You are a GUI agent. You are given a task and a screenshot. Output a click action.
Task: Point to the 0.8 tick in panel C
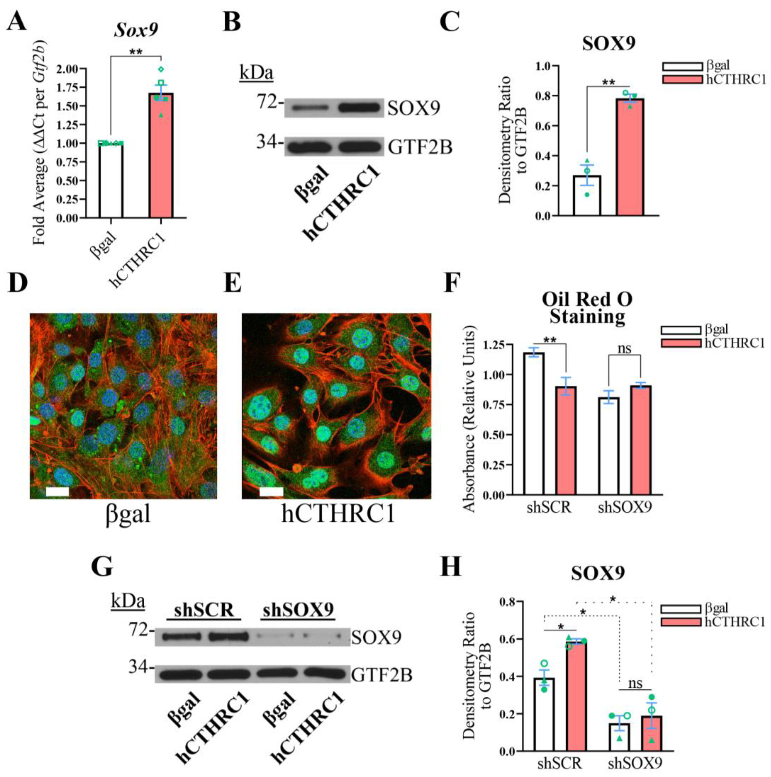click(x=542, y=96)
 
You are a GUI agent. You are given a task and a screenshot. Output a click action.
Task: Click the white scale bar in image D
click(x=58, y=491)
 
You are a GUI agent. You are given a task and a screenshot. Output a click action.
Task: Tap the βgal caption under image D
click(x=128, y=514)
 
